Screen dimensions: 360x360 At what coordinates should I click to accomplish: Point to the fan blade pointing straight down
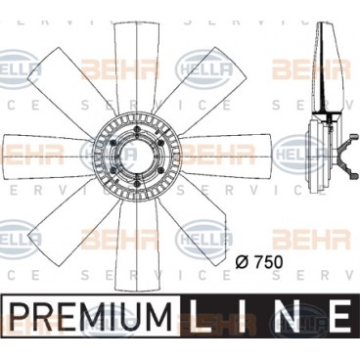[x=137, y=245]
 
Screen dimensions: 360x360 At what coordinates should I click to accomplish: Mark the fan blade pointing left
[x=48, y=157]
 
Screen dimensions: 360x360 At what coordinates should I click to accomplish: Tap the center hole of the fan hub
[x=136, y=157]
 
